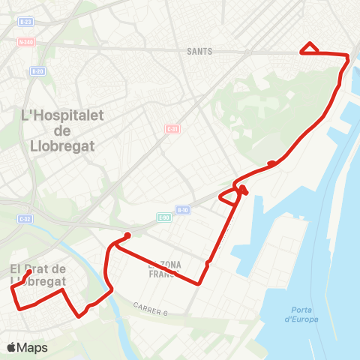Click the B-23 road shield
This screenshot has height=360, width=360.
coord(26,22)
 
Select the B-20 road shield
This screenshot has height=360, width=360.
coord(37,71)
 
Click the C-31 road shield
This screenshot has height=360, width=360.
coord(172,129)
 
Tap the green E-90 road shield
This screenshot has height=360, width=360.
coord(164,217)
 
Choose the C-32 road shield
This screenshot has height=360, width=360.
coord(25,219)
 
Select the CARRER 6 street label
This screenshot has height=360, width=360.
coord(151,308)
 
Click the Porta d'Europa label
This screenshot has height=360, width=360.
coord(301,315)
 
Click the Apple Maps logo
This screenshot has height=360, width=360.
coord(28,347)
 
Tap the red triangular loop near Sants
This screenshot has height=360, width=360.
coord(310,49)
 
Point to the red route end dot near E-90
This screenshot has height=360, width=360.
coord(127,235)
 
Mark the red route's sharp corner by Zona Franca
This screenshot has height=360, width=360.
coord(199,283)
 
